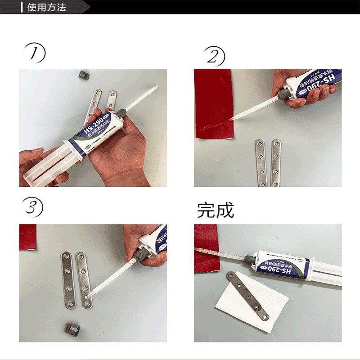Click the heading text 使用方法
tap(47, 7)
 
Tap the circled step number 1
tap(35, 54)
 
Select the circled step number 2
tap(215, 57)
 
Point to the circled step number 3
tap(34, 207)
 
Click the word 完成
tap(216, 210)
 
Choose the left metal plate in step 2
tap(261, 162)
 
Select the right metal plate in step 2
tap(275, 162)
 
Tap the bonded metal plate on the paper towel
tap(247, 295)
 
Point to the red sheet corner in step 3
tap(27, 237)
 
